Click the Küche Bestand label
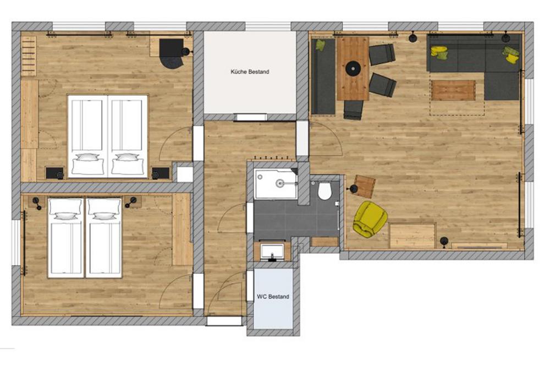pos(250,72)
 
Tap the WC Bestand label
pos(273,297)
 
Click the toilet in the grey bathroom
pos(325,190)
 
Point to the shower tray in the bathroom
pos(276,184)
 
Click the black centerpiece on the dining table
pos(353,68)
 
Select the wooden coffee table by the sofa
pos(453,91)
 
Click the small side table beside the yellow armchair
pos(365,187)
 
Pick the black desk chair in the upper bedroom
pos(171,53)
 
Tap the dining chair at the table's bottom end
pos(353,109)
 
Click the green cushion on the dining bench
pos(320,45)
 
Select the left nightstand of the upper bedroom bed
pos(54,173)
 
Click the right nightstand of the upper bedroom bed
pos(161,173)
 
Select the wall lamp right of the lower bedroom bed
pos(132,202)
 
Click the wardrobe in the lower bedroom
pos(182,229)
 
